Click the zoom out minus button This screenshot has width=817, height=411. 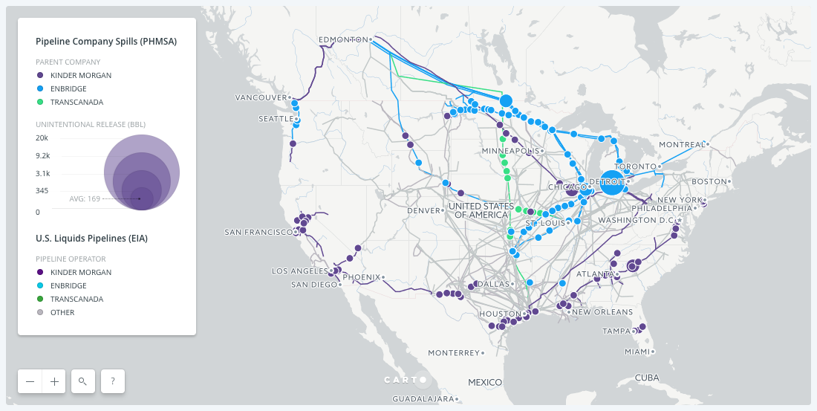coord(30,381)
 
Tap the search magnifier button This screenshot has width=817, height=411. coord(83,381)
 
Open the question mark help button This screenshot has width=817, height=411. coord(113,381)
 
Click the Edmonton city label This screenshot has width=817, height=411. coord(343,39)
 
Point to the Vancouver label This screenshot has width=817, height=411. coord(261,97)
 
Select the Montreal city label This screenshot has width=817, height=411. coord(681,144)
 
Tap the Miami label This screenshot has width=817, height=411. coord(637,352)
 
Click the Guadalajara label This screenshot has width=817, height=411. coord(423,399)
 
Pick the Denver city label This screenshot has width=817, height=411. coord(423,210)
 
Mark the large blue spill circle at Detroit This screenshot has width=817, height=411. coord(612,182)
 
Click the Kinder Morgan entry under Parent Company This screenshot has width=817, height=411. coord(81,75)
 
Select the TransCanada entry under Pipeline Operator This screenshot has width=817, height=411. coord(77,299)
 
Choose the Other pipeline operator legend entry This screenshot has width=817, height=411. coord(62,312)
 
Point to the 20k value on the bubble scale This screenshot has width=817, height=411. coord(42,138)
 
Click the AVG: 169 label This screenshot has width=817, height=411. coord(84,198)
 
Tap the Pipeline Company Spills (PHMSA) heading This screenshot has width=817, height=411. coord(105,42)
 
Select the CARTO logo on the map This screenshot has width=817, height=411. coord(406,380)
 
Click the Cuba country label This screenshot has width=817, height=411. coord(647,378)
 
